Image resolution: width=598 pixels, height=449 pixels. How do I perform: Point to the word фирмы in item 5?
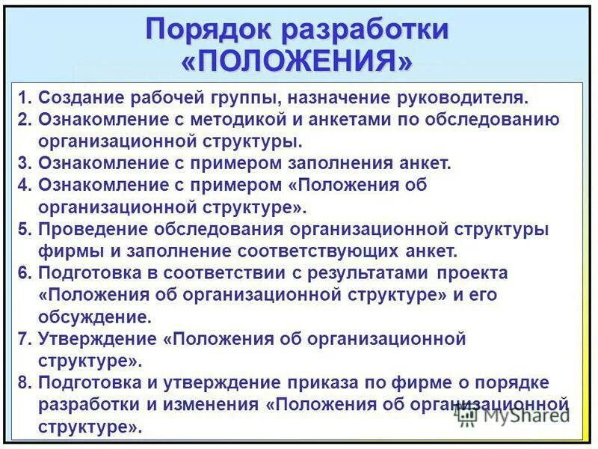point(64,251)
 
